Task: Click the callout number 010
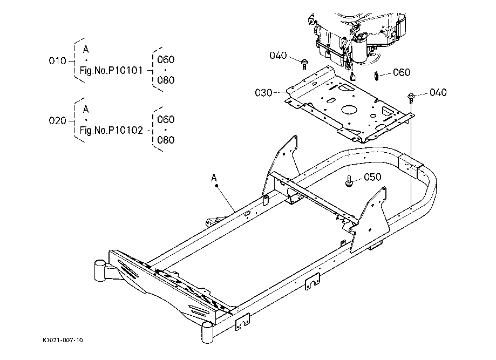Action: pyautogui.click(x=57, y=61)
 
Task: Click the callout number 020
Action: pyautogui.click(x=57, y=121)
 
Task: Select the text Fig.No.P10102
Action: pyautogui.click(x=112, y=130)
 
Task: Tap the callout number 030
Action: pyautogui.click(x=263, y=93)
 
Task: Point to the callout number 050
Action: pyautogui.click(x=373, y=176)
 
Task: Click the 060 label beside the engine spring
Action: pyautogui.click(x=401, y=72)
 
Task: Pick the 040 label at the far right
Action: pyautogui.click(x=438, y=92)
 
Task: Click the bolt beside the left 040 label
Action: pyautogui.click(x=304, y=63)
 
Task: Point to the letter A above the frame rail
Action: pyautogui.click(x=214, y=177)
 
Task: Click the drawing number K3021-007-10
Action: pyautogui.click(x=64, y=341)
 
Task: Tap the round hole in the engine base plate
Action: pyautogui.click(x=348, y=108)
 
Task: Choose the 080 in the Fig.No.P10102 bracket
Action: pyautogui.click(x=165, y=140)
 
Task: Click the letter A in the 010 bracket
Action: pyautogui.click(x=86, y=49)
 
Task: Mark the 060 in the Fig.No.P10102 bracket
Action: pyautogui.click(x=165, y=119)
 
